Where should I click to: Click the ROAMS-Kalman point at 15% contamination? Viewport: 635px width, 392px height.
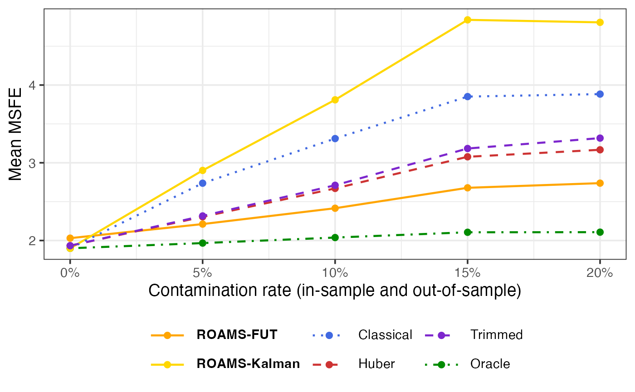tap(468, 20)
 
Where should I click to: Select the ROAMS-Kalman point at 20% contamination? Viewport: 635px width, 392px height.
tap(600, 22)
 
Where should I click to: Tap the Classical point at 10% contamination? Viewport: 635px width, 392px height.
tap(335, 138)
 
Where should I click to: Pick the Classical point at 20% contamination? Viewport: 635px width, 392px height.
tap(600, 94)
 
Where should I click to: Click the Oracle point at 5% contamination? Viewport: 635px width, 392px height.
tap(203, 243)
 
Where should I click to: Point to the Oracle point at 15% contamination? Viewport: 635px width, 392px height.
tap(468, 232)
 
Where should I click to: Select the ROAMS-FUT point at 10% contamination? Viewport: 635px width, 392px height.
tap(335, 208)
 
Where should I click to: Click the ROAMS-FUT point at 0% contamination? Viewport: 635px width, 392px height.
tap(70, 238)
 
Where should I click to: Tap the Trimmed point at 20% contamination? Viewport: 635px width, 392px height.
tap(600, 138)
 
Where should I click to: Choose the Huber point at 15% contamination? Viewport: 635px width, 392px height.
tap(468, 157)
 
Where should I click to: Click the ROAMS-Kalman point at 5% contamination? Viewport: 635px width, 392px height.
tap(203, 170)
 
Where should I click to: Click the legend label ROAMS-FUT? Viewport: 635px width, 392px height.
tap(237, 335)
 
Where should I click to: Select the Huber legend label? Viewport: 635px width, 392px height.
tap(376, 363)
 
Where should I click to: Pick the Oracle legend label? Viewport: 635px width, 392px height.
tap(490, 363)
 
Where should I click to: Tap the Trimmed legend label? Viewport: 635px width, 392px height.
tap(497, 335)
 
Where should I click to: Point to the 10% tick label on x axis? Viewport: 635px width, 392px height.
tap(335, 273)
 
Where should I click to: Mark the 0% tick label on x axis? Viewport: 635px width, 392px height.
tap(70, 273)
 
